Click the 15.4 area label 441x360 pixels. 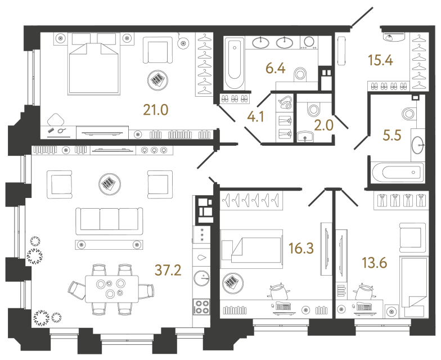tap(380, 58)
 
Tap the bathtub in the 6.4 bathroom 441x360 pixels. tap(233, 64)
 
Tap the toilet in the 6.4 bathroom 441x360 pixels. tap(303, 74)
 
